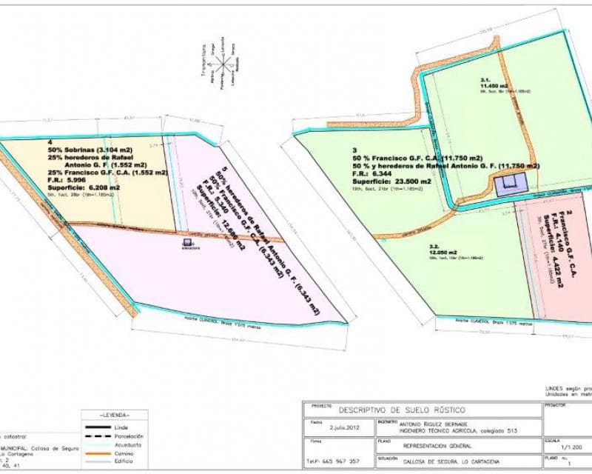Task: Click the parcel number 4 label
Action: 50,141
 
